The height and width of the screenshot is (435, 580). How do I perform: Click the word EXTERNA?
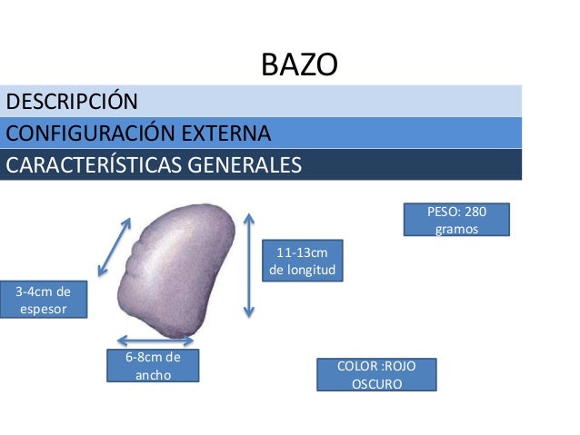(x=224, y=133)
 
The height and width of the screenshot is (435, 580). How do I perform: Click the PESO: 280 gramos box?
(x=456, y=221)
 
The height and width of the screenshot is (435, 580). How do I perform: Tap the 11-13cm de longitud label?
(x=302, y=261)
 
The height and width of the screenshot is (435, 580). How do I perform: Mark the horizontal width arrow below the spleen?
(x=151, y=341)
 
